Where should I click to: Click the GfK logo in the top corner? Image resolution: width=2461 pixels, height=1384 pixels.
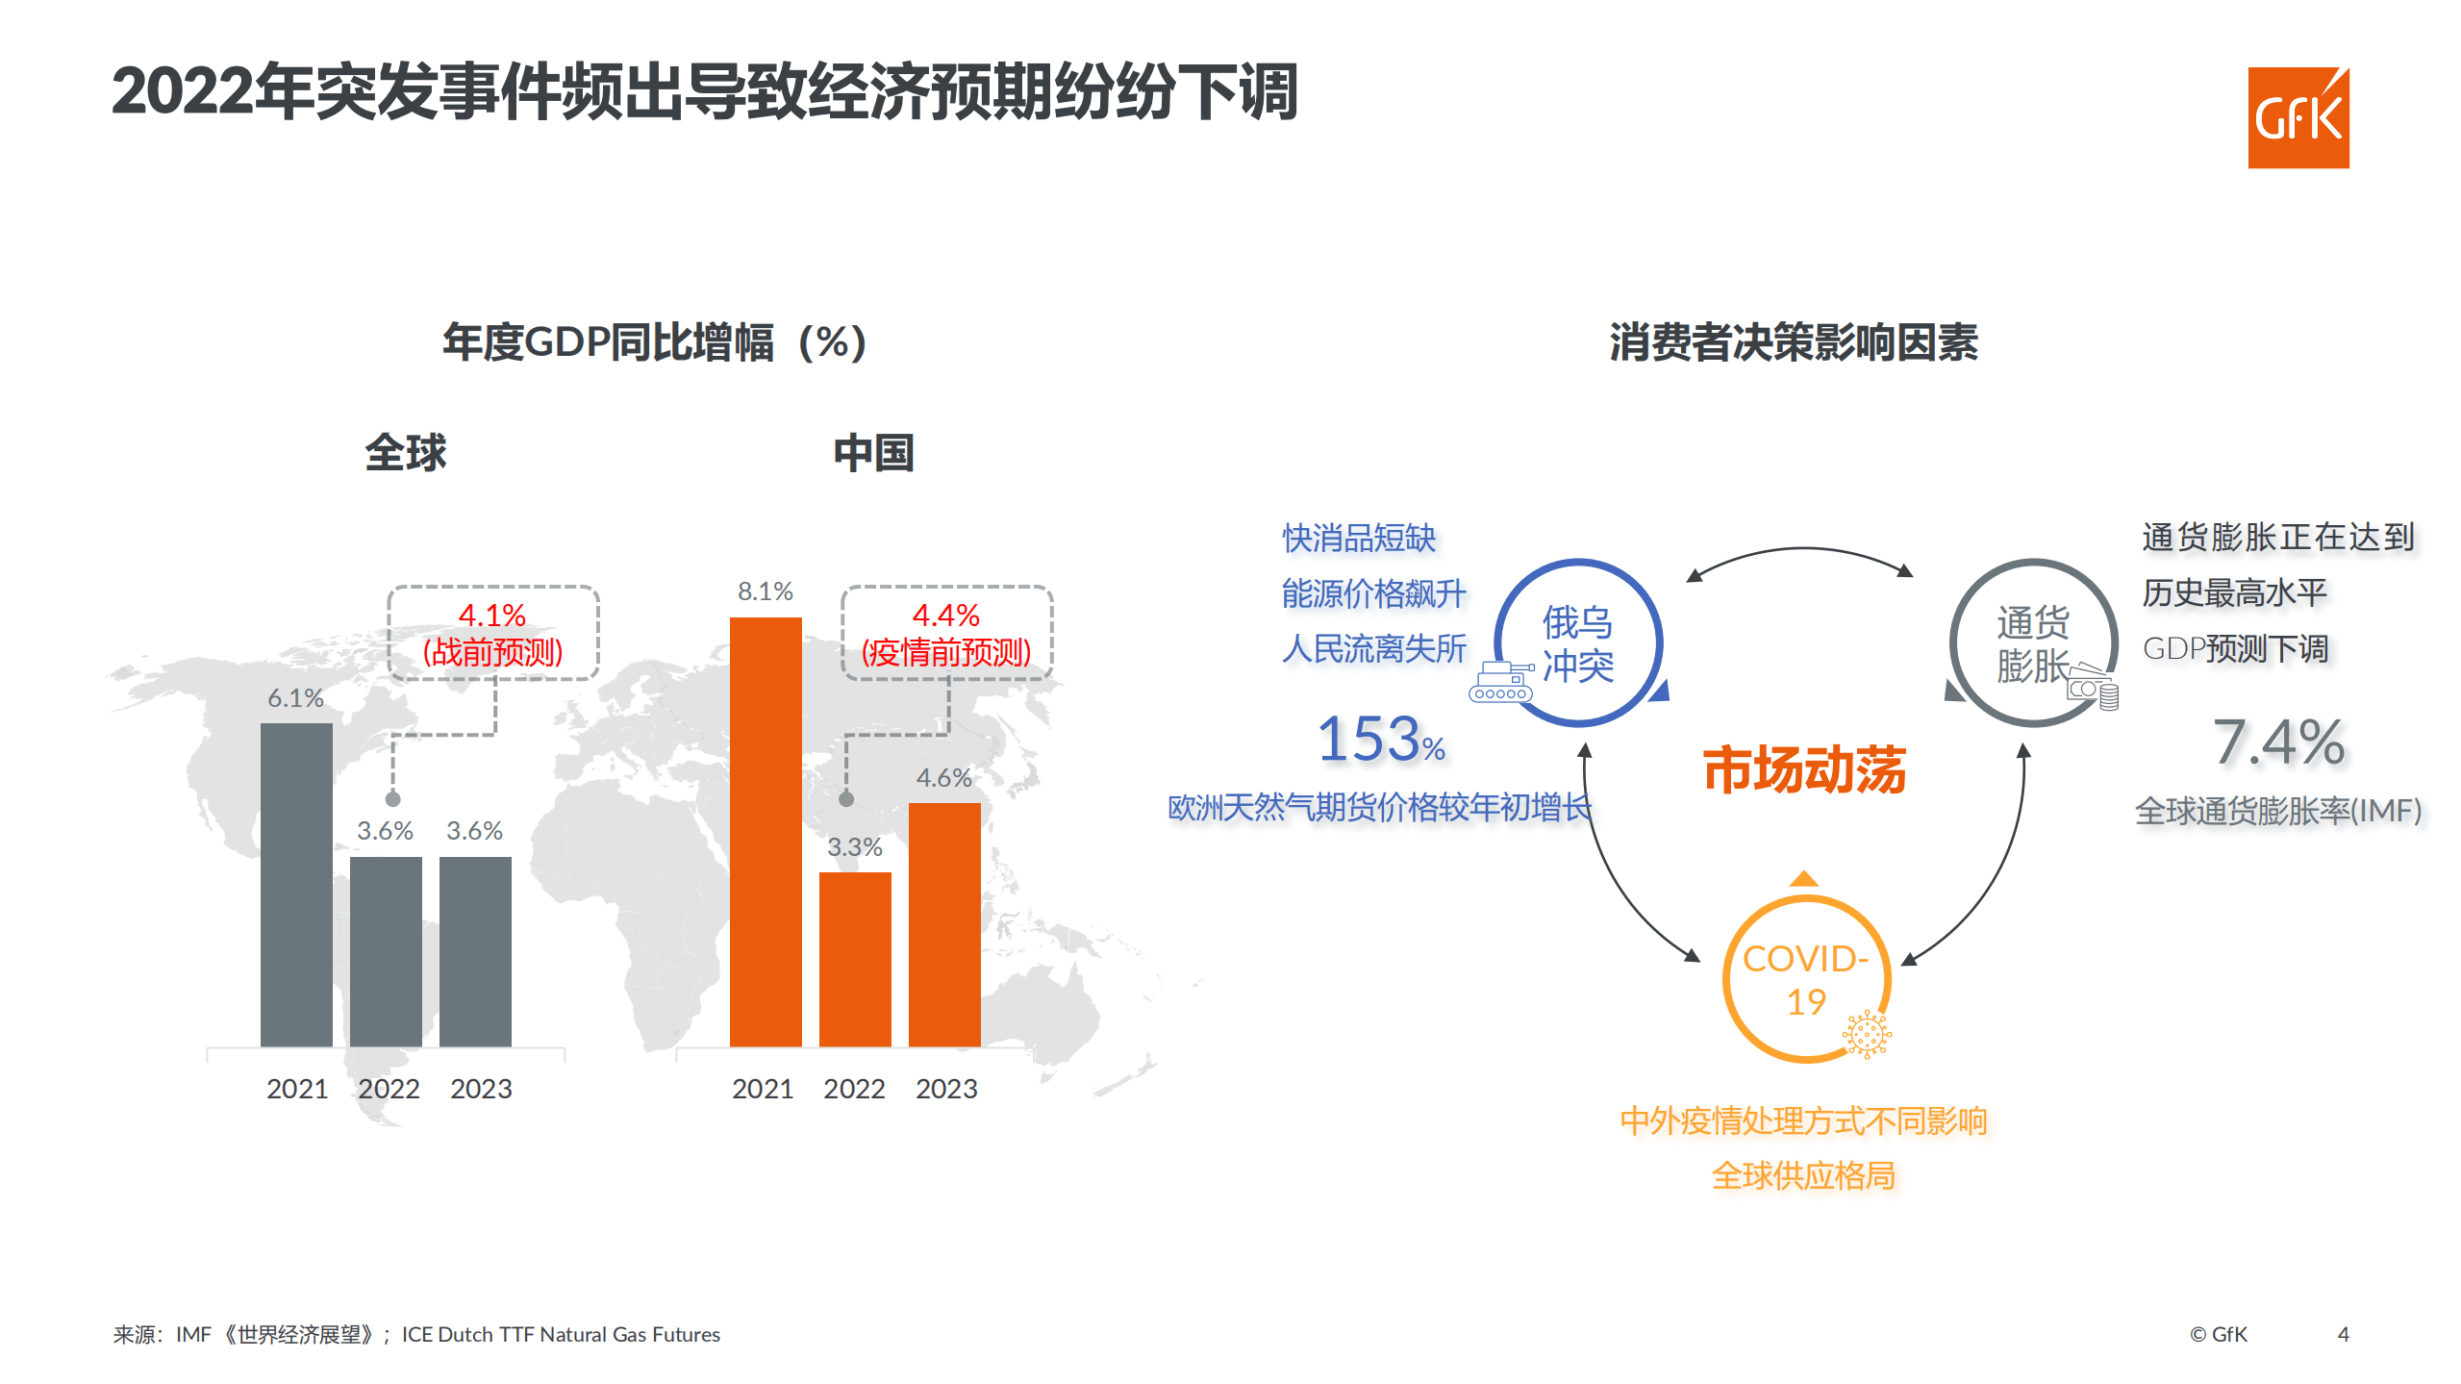[2298, 117]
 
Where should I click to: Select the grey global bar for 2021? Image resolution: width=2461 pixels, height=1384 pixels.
[296, 885]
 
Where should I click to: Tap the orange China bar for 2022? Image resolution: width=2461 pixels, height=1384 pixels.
[855, 959]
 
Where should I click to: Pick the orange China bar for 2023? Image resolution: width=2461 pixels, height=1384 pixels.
[944, 924]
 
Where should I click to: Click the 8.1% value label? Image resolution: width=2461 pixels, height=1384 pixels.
[766, 591]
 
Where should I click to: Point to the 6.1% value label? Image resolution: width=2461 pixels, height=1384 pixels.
[295, 697]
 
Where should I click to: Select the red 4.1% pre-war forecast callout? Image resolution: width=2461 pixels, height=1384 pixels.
[492, 633]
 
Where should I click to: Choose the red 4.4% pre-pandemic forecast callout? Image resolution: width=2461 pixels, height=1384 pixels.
[946, 633]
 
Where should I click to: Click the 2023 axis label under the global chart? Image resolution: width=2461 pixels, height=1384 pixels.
[481, 1089]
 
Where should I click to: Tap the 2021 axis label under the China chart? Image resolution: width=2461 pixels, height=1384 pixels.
[763, 1089]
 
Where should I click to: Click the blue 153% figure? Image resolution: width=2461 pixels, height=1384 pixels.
[1380, 740]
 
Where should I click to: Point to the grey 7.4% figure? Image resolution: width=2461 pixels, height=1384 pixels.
[2278, 742]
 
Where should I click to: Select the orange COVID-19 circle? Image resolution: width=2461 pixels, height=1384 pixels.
[1805, 979]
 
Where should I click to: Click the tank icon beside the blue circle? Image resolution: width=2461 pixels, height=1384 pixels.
[1500, 681]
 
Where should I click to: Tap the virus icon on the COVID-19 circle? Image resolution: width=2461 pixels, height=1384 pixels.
[1867, 1035]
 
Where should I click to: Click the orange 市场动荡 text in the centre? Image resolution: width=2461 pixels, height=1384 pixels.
[1804, 769]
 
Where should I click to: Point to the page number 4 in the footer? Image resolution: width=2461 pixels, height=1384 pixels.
[2343, 1334]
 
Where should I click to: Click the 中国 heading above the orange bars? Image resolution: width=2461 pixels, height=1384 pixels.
[873, 452]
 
